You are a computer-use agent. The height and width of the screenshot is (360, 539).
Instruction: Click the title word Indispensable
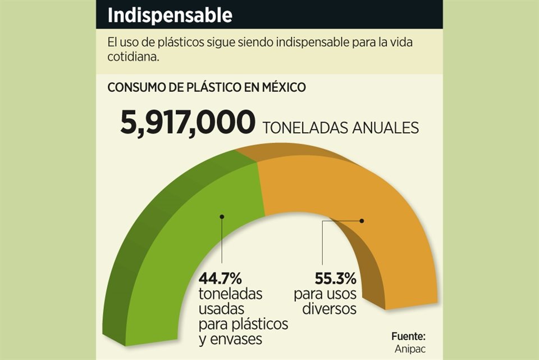point(170,15)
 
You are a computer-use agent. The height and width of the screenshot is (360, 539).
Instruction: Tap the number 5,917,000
point(188,123)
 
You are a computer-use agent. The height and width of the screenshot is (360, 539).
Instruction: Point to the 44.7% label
point(220,278)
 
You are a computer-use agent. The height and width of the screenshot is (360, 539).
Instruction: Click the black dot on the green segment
point(222,216)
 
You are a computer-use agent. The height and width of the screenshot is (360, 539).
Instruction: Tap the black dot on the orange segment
point(362,221)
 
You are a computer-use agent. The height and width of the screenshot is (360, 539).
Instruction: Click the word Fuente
point(409,336)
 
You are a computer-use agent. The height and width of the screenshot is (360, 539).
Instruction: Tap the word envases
point(230,339)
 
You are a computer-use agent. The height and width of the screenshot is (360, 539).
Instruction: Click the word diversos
point(328,309)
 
